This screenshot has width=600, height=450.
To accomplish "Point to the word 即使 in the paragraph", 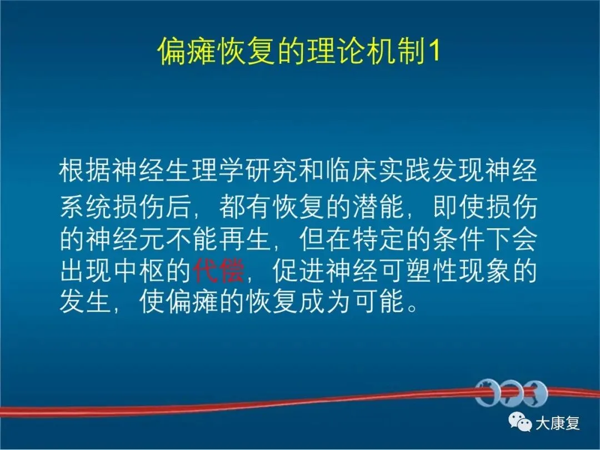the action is pyautogui.click(x=459, y=207).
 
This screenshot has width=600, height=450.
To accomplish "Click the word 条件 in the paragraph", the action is pyautogui.click(x=459, y=239).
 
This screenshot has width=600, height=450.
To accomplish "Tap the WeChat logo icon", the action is pyautogui.click(x=521, y=422).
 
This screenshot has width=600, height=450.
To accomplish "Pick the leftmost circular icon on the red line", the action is pyautogui.click(x=487, y=393).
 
